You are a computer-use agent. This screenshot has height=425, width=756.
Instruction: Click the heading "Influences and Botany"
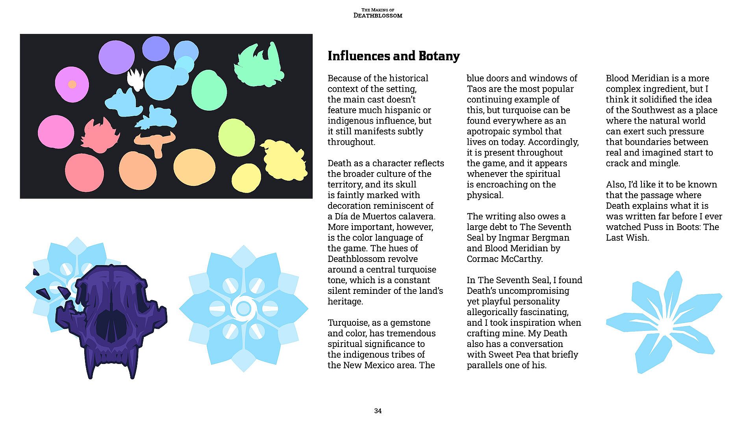point(393,56)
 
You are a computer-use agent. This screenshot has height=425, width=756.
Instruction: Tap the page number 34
point(378,411)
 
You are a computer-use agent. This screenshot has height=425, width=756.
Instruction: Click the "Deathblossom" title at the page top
point(378,15)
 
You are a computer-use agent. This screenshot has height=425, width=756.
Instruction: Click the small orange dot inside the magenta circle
point(72,84)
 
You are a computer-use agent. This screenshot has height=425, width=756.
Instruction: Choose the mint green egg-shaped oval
point(209,91)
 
